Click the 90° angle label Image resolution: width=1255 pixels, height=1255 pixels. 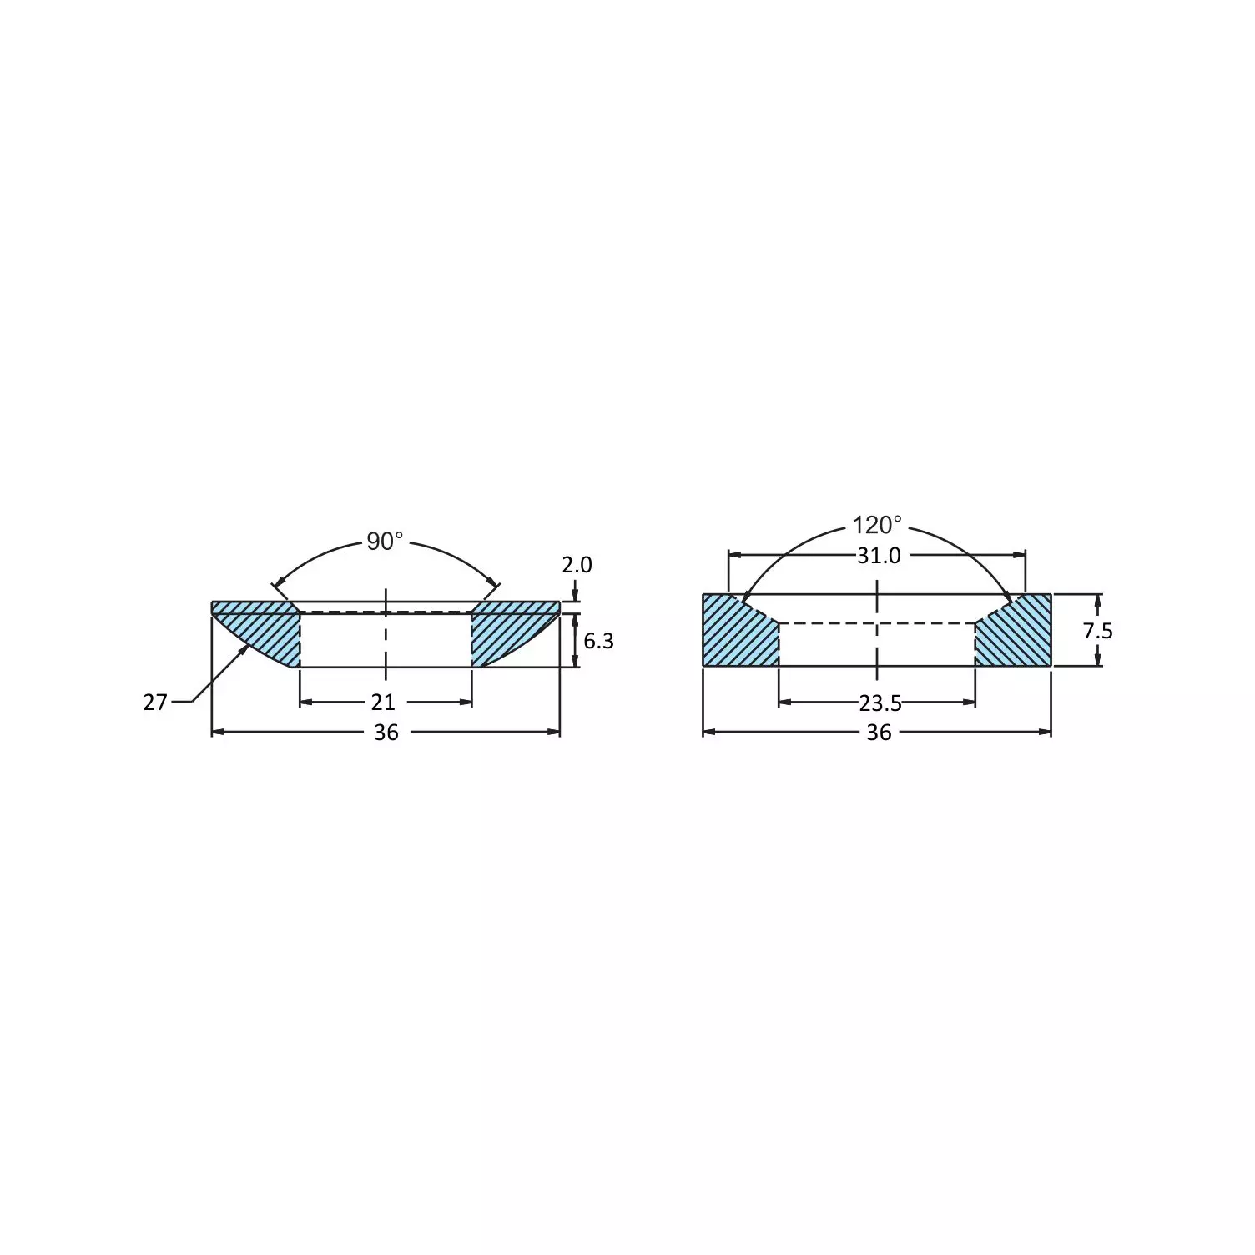coord(385,542)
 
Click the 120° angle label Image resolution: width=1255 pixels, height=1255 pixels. coord(877,526)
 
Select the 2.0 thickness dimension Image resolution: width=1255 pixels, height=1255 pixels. coord(577,565)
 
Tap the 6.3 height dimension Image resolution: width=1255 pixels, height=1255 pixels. coord(598,641)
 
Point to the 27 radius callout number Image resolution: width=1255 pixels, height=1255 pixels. coord(155,703)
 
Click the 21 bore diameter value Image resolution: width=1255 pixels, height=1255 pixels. coord(383,703)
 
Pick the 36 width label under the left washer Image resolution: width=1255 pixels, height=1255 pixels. coord(386,733)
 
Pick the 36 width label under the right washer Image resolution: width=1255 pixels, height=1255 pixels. coord(879,733)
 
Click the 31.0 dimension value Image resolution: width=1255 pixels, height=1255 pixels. coord(879,556)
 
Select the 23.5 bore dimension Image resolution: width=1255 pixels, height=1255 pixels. coord(880,703)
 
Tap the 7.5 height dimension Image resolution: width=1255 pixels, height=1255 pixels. coord(1097,631)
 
